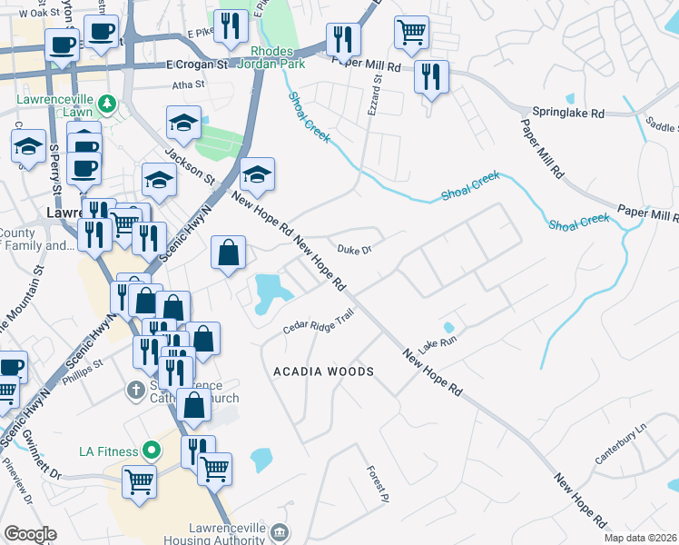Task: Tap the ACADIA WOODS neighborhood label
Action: (324, 372)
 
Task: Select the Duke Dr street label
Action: (352, 248)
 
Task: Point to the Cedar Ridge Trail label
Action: (318, 322)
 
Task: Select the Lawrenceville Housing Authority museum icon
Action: (280, 531)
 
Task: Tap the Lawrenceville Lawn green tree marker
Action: (108, 104)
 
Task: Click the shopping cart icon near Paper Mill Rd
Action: (412, 34)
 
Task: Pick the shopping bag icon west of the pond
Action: (230, 255)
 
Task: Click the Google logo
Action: (30, 534)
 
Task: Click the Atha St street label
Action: (190, 86)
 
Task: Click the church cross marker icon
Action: (135, 391)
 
